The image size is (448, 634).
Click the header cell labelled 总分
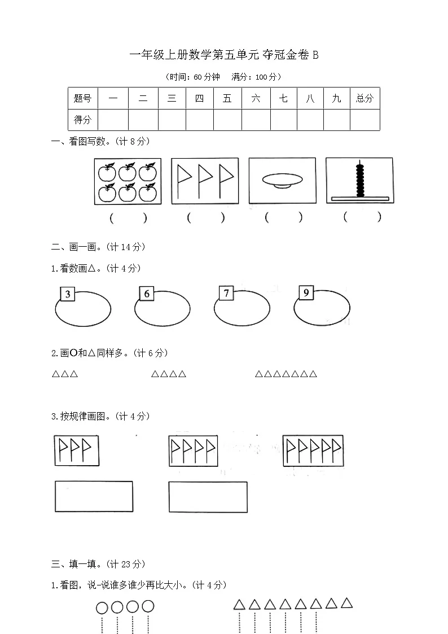click(364, 98)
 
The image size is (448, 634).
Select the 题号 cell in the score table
click(82, 98)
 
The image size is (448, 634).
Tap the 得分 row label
click(82, 120)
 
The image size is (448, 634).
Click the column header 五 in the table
click(227, 98)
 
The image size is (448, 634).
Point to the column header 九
click(336, 98)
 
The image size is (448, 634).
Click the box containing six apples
click(128, 181)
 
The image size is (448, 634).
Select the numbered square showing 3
click(68, 294)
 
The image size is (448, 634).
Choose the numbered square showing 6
click(147, 294)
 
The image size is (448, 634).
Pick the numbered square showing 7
click(226, 293)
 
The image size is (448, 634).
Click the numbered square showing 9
click(306, 292)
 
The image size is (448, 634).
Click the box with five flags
click(313, 451)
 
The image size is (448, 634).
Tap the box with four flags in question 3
click(194, 451)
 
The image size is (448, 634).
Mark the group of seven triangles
click(286, 374)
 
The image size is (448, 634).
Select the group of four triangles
click(168, 374)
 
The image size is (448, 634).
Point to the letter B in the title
click(315, 55)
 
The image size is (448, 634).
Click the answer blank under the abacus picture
click(362, 217)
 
